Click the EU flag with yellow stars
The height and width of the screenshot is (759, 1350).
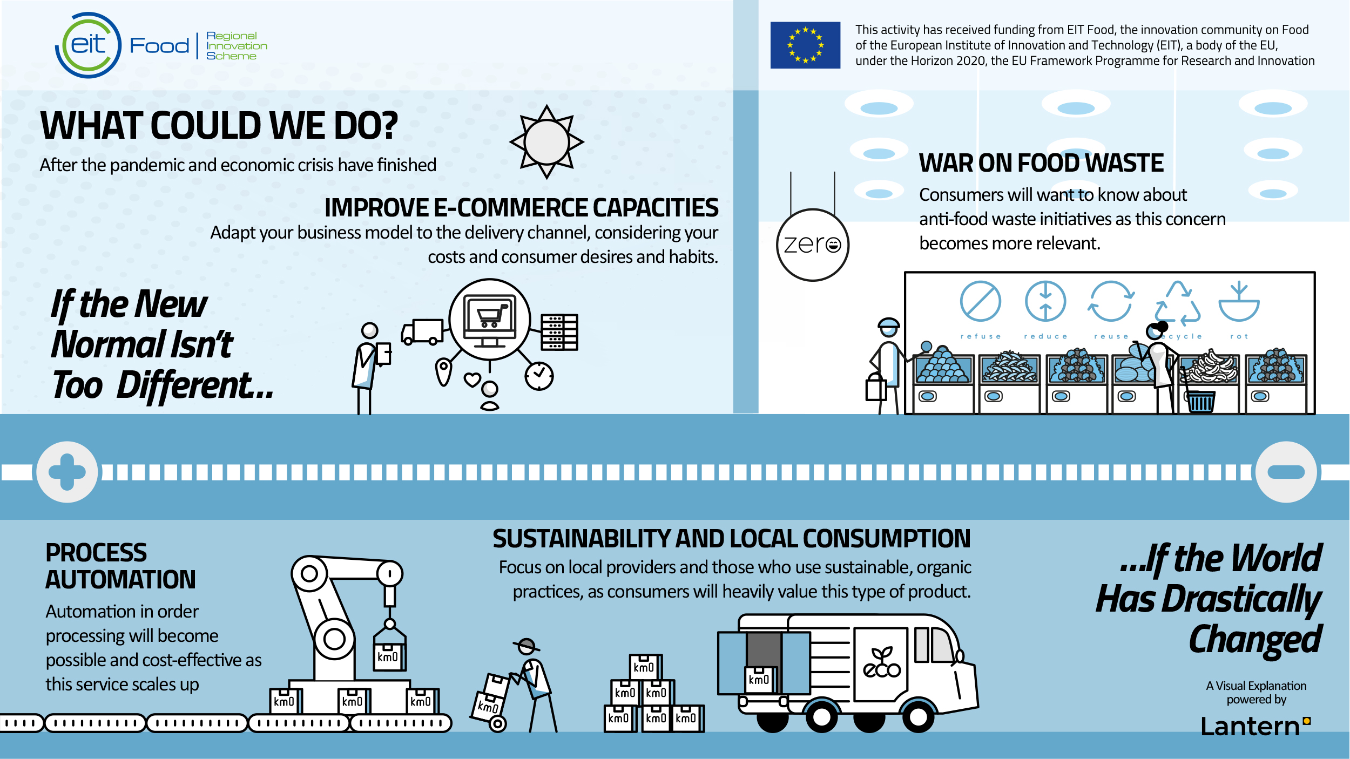805,45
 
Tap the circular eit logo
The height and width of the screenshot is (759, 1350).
89,45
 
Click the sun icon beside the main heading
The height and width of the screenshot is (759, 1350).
546,142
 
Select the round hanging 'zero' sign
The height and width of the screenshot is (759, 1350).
812,245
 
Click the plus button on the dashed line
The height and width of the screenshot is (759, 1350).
67,472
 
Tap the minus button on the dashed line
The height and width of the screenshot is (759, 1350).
1286,472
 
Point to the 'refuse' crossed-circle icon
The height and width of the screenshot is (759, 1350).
980,301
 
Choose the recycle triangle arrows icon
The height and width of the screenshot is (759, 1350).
1178,303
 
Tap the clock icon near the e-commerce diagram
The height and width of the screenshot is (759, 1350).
539,376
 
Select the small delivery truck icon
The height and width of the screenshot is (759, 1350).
422,331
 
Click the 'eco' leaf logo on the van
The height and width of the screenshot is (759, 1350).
882,662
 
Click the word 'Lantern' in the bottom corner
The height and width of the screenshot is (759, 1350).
1251,727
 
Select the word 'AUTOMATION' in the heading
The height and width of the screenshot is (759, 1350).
120,580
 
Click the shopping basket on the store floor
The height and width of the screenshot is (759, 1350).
1200,401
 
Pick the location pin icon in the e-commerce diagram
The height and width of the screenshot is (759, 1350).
443,372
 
